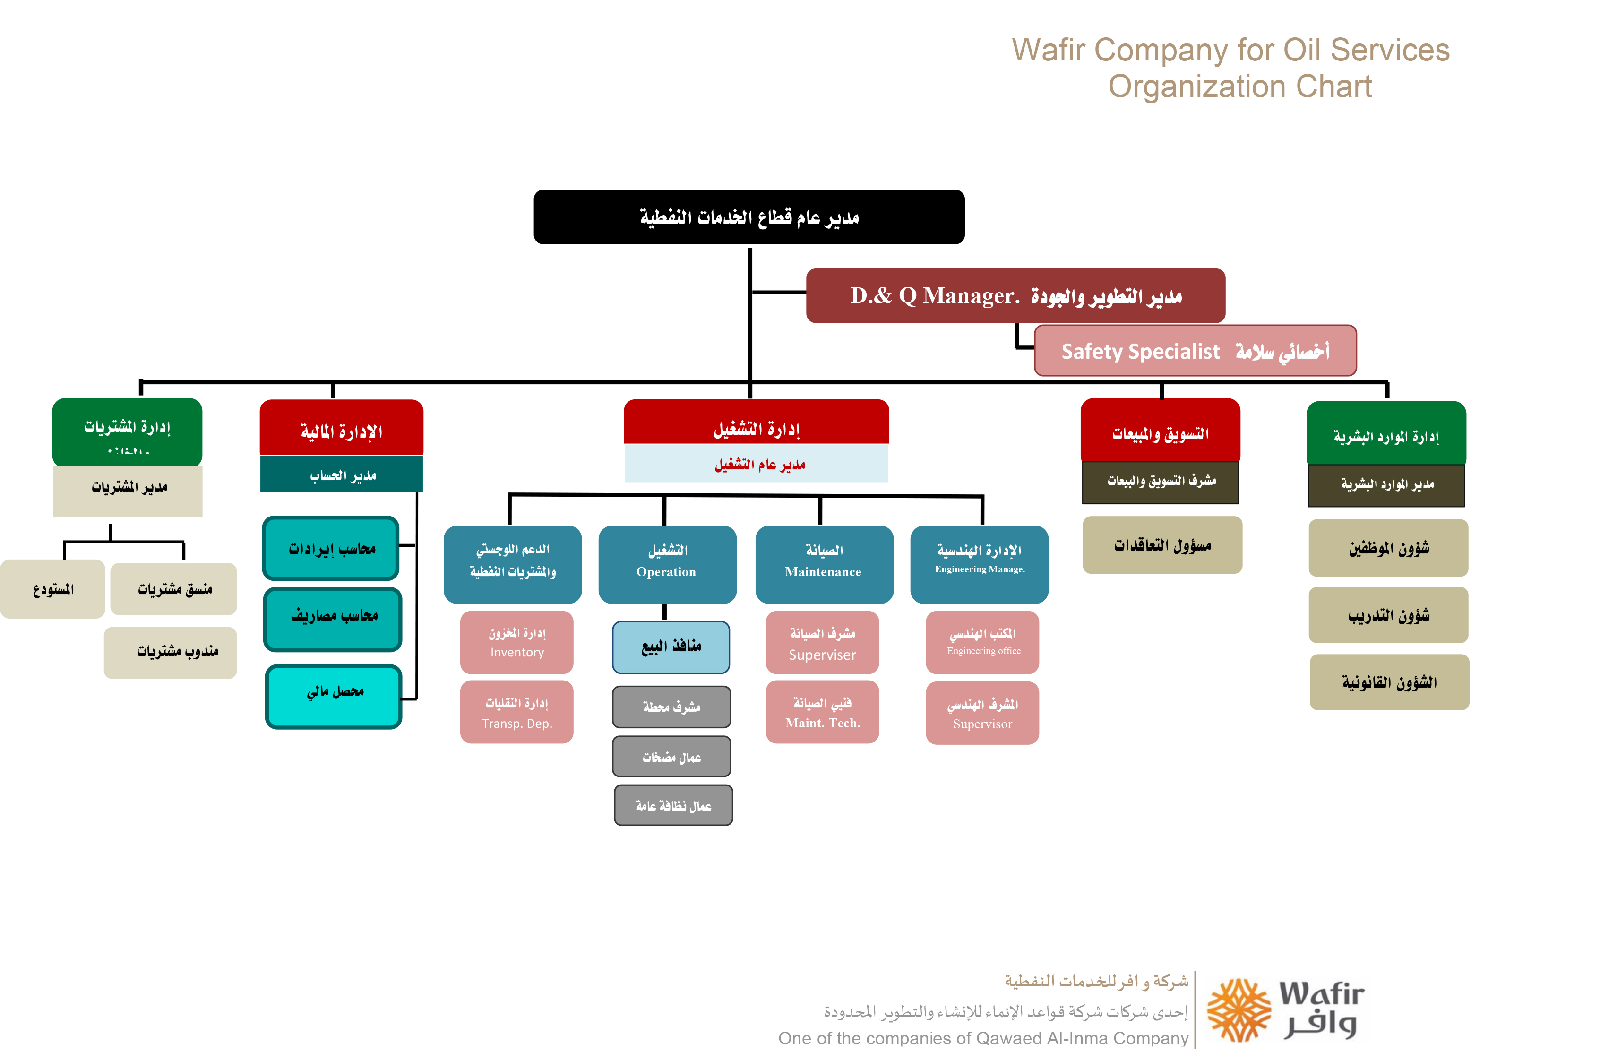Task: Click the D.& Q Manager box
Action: (x=1015, y=296)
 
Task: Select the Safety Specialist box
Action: (x=1195, y=351)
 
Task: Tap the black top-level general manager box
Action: (x=749, y=217)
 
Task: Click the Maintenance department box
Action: (x=824, y=563)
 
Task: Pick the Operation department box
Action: (x=667, y=563)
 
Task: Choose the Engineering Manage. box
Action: (x=979, y=563)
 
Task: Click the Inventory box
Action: (x=516, y=642)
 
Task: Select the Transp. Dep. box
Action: (x=516, y=712)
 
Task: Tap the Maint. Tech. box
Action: (x=822, y=712)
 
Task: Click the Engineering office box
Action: (x=982, y=642)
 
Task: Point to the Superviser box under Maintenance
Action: (x=822, y=642)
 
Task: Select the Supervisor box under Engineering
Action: (x=982, y=713)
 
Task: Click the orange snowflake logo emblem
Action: (x=1239, y=1010)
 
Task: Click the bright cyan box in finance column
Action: (x=334, y=696)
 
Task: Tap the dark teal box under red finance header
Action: (x=342, y=474)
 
